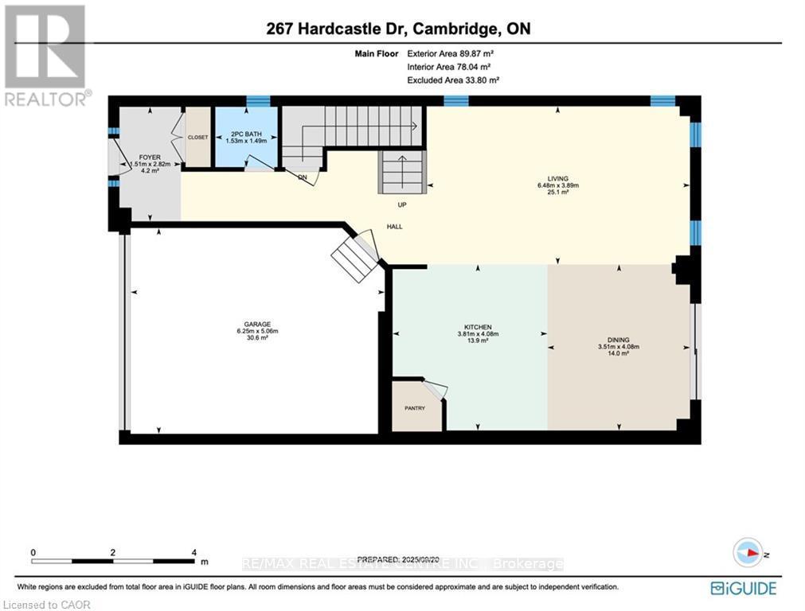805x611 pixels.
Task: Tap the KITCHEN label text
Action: pyautogui.click(x=478, y=327)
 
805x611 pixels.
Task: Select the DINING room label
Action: pyautogui.click(x=618, y=340)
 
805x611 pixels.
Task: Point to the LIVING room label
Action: pyautogui.click(x=557, y=178)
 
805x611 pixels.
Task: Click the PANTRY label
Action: pyautogui.click(x=414, y=408)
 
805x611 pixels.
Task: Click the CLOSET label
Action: pyautogui.click(x=197, y=137)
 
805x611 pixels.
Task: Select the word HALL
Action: pyautogui.click(x=394, y=227)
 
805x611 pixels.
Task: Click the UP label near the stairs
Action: pyautogui.click(x=402, y=204)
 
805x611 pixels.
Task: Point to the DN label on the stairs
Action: pyautogui.click(x=303, y=177)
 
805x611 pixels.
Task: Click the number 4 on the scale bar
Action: pyautogui.click(x=194, y=551)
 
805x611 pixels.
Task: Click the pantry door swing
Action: pyautogui.click(x=435, y=389)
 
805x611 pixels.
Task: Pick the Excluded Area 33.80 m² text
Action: pyautogui.click(x=453, y=80)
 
